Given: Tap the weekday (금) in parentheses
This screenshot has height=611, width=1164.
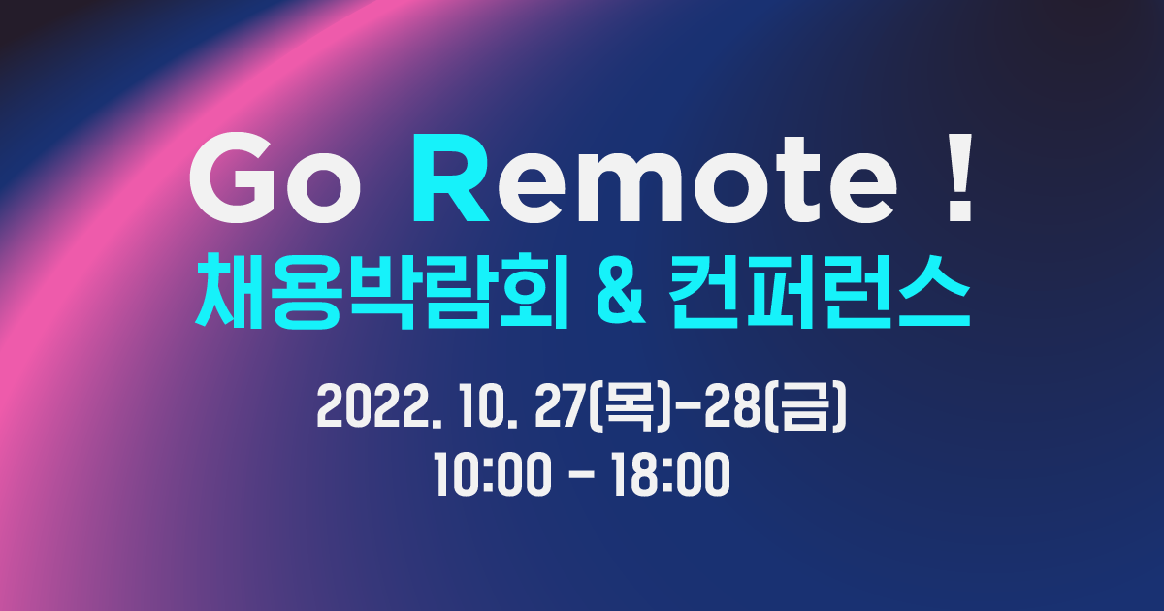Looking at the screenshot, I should [x=807, y=411].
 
